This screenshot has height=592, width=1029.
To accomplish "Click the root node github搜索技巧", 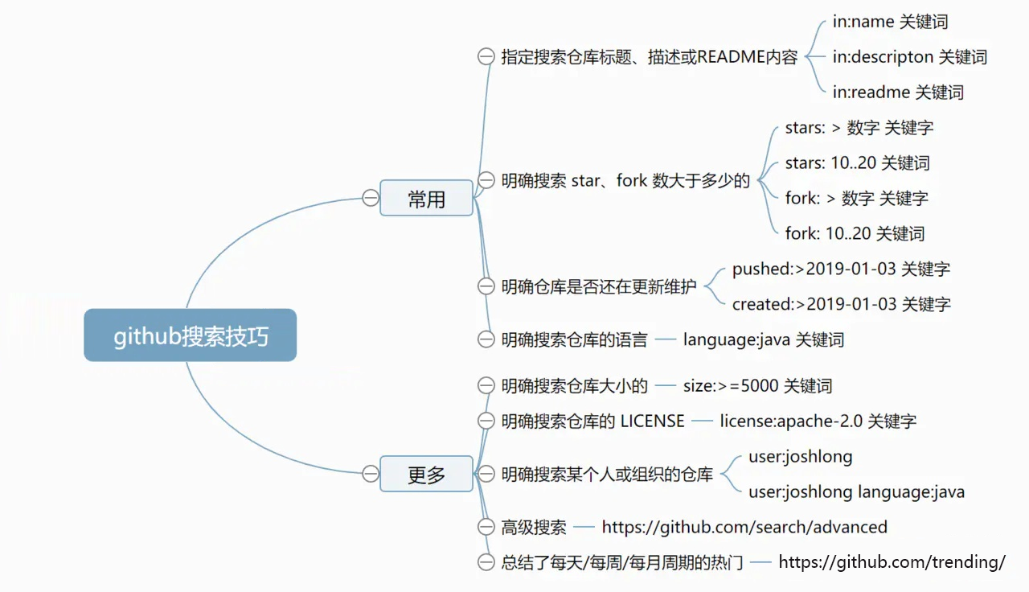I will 191,335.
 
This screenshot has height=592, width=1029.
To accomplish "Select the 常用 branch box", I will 426,198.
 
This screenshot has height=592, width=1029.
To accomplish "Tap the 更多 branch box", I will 426,474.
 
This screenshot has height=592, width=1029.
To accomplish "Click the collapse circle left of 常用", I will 370,198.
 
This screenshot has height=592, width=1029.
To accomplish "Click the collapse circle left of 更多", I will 370,474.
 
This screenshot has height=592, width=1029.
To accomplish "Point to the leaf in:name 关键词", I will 884,22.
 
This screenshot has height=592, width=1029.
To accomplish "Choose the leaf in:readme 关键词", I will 898,92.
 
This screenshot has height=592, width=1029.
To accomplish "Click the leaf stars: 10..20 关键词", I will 857,163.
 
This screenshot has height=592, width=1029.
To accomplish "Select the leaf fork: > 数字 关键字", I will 856,199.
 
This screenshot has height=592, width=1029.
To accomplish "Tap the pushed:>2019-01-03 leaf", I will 841,269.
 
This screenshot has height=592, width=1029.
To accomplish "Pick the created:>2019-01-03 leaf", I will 841,304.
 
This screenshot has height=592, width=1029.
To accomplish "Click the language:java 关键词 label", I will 763,339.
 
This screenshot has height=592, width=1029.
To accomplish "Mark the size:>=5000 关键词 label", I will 757,386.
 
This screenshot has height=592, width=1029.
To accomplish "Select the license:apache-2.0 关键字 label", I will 818,421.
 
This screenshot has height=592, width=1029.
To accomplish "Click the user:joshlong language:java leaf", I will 856,491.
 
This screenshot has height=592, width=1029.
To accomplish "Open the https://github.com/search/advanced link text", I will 744,528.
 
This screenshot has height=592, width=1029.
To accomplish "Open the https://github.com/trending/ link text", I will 892,562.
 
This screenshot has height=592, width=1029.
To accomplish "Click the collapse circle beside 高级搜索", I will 486,528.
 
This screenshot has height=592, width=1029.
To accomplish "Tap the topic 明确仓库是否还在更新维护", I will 598,286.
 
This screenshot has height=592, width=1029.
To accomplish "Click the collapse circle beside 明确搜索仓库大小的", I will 486,386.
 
